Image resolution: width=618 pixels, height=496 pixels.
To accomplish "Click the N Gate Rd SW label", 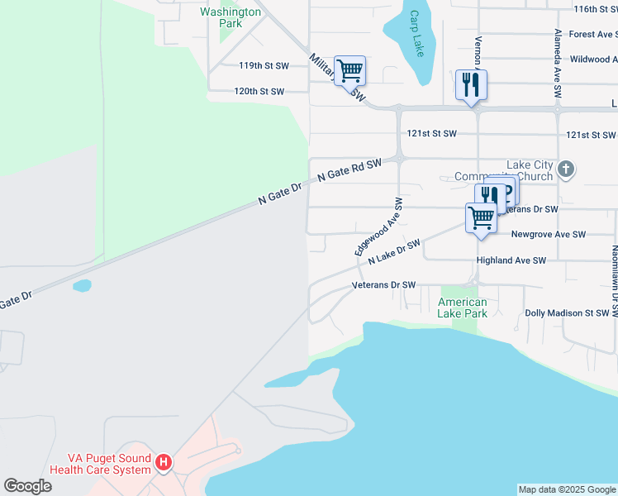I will (350, 169).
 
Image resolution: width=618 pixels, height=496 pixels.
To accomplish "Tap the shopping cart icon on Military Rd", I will (349, 70).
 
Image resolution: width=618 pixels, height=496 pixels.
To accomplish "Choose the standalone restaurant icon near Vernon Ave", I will (471, 84).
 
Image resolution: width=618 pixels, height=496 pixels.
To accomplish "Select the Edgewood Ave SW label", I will (378, 226).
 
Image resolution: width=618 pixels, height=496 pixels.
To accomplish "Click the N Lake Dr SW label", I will (394, 252).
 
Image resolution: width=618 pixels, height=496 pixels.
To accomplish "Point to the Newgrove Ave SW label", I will (549, 235).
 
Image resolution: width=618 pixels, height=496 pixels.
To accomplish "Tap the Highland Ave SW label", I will (511, 260).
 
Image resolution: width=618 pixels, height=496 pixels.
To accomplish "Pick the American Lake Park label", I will (463, 308).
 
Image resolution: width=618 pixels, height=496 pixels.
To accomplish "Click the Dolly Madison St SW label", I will (567, 313).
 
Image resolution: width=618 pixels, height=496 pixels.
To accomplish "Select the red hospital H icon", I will (164, 462).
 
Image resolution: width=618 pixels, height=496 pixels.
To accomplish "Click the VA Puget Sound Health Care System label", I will (100, 464).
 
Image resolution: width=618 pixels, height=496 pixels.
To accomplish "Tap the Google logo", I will (27, 486).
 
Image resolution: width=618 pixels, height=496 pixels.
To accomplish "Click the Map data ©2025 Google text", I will (567, 489).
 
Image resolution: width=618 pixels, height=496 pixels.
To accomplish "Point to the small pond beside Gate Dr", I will (82, 286).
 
